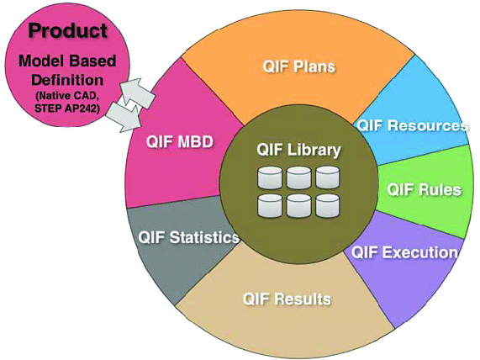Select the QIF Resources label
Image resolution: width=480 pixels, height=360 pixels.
[412, 126]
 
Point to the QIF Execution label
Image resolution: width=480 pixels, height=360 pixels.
[404, 251]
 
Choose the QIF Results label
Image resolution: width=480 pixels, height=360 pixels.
[286, 299]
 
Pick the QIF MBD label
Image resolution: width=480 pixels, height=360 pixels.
[171, 142]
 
